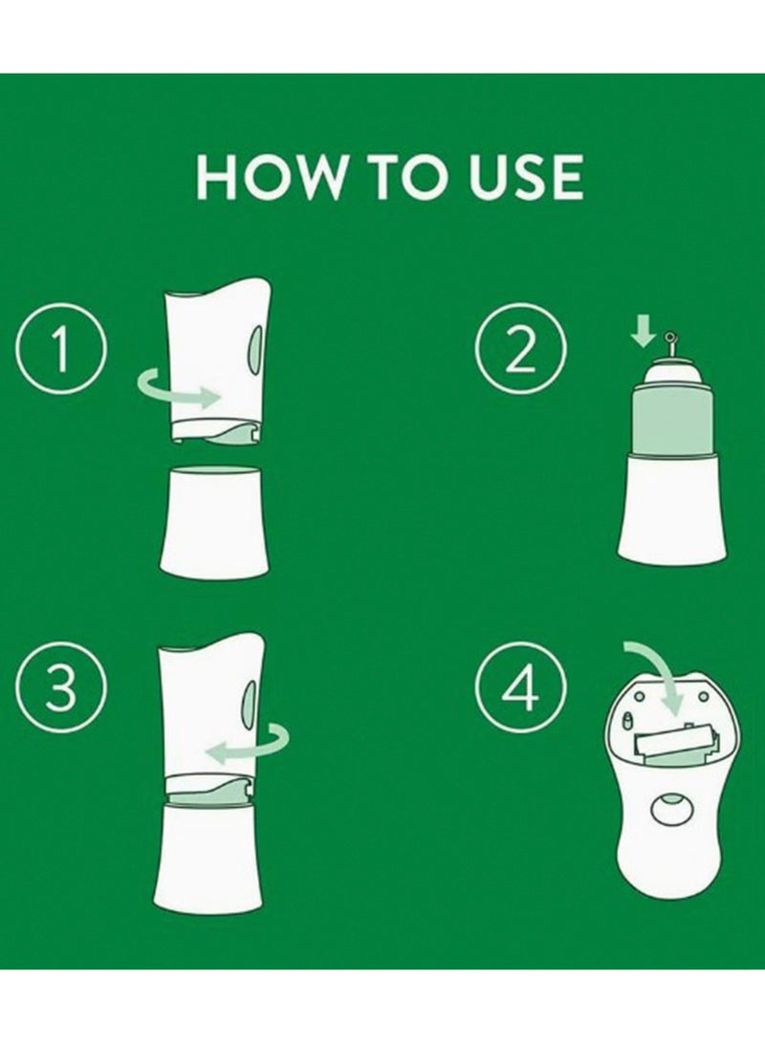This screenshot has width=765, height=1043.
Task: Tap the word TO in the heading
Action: click(408, 177)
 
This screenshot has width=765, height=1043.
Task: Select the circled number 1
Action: click(61, 350)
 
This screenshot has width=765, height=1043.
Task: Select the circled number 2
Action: click(521, 351)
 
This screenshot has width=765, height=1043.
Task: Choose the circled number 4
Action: click(521, 687)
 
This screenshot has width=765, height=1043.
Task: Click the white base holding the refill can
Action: click(671, 507)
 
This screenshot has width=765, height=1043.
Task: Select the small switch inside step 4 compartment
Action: click(627, 721)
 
